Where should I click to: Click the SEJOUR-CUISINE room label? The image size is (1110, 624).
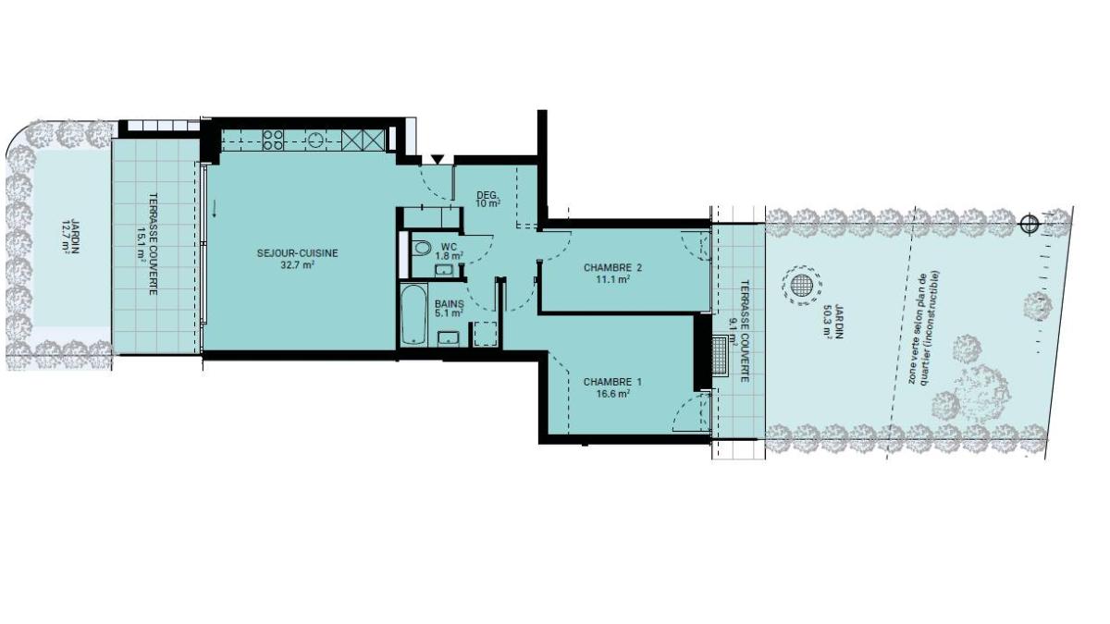point(297,253)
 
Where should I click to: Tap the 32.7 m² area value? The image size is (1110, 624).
point(298,265)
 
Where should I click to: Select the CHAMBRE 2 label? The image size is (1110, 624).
point(612,268)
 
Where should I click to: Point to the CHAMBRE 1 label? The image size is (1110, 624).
point(612,383)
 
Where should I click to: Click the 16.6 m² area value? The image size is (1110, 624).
point(613,394)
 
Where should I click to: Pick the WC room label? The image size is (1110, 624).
point(449,246)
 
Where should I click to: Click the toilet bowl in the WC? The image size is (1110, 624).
point(422,248)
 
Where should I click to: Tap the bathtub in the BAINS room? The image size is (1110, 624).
point(413,314)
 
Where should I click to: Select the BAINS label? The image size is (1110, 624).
point(450,304)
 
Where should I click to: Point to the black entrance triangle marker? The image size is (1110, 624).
point(437,159)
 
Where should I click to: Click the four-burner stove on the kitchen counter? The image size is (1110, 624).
point(273,140)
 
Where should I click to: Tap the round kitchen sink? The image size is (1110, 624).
point(315,141)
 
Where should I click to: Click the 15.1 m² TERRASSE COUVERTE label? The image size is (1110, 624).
point(149,244)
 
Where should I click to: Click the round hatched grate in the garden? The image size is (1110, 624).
point(801,286)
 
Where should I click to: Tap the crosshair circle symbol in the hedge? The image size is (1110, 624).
point(1030,224)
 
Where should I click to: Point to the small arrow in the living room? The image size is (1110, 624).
point(214,209)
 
